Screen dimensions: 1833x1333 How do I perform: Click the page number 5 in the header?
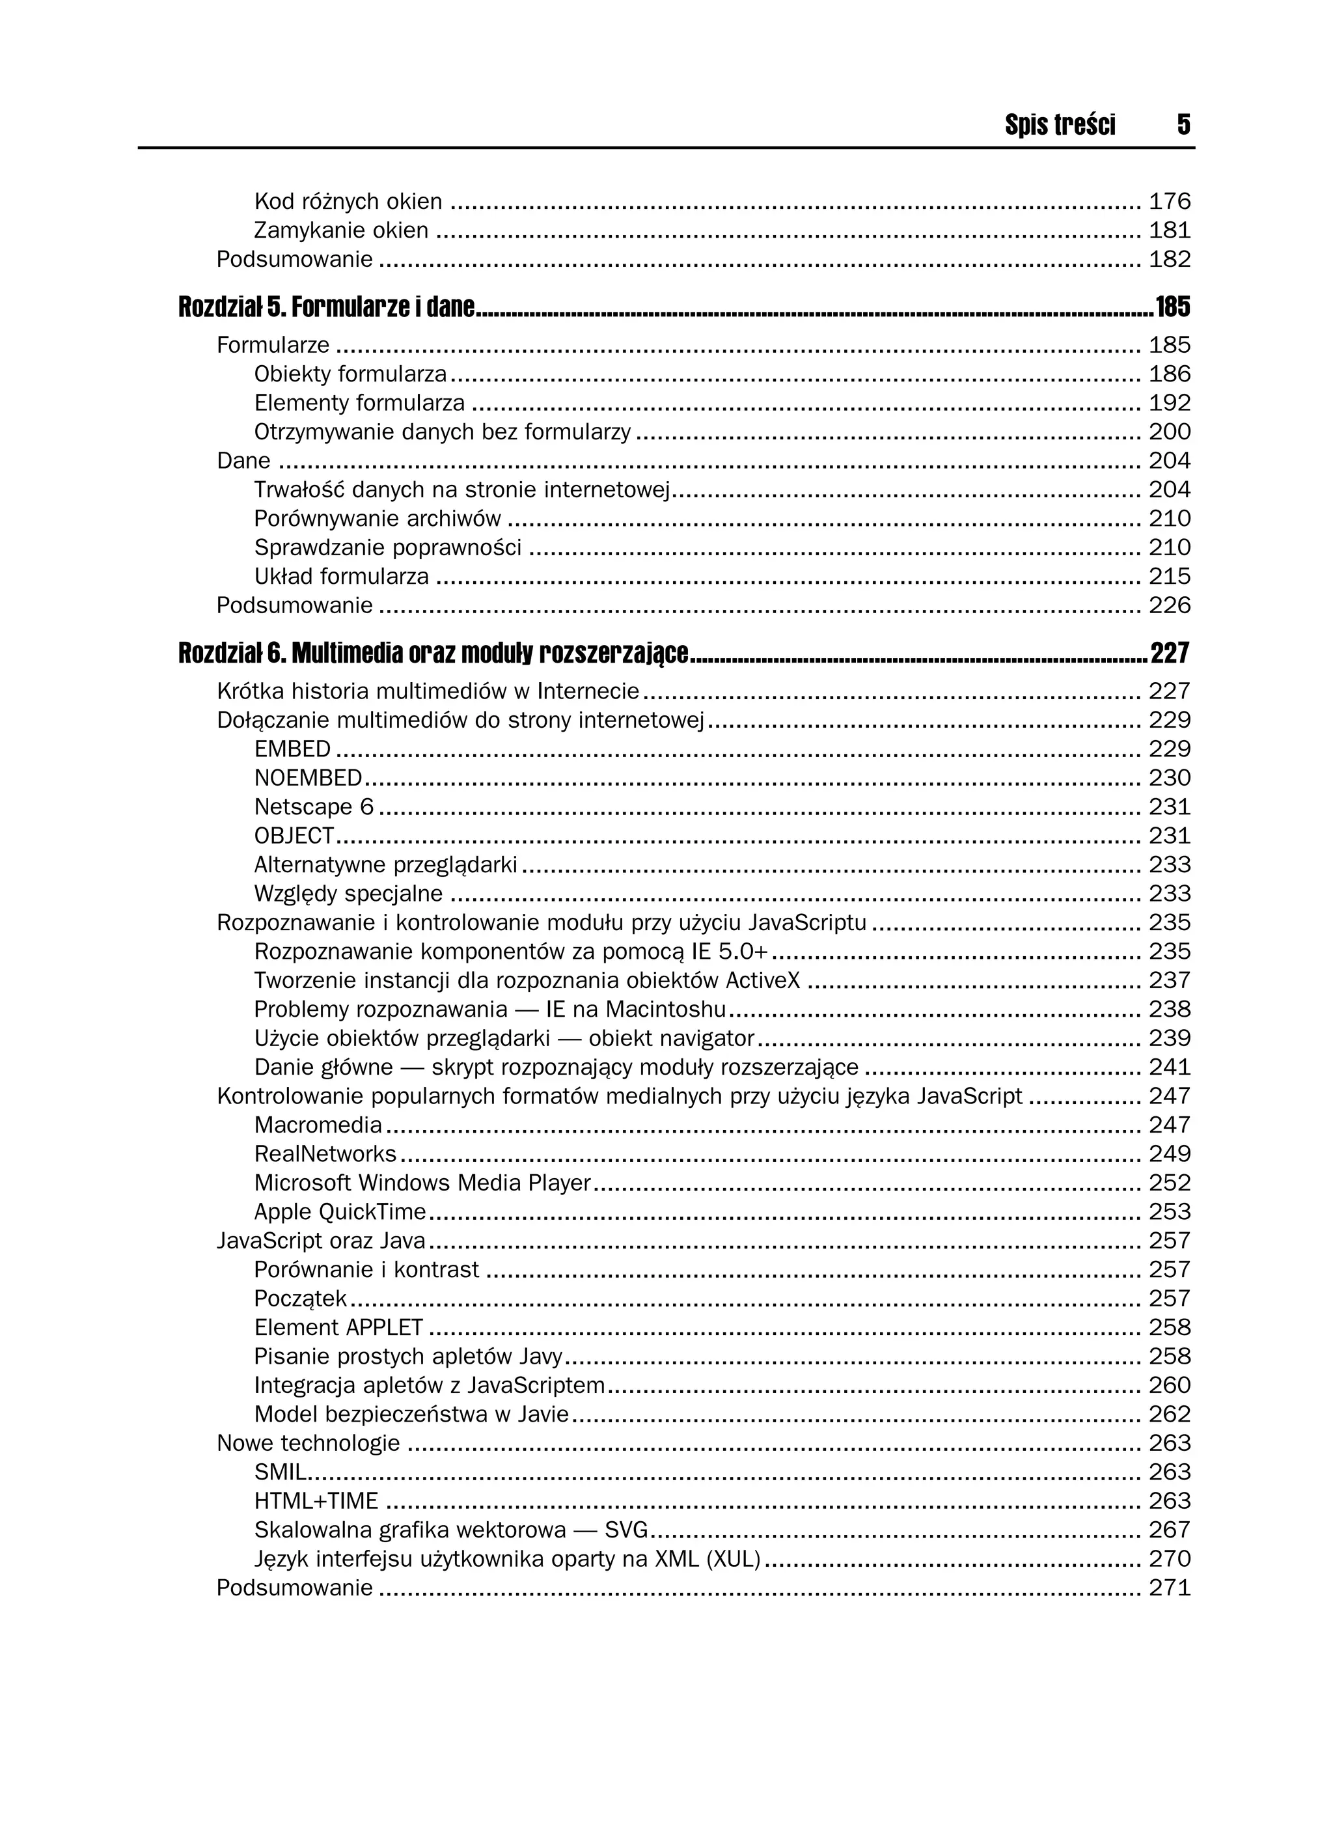tap(1183, 124)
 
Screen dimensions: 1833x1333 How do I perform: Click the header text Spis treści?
tap(1060, 124)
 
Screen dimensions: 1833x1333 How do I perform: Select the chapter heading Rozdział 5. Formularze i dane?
tap(327, 307)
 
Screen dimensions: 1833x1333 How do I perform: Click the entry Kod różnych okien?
tap(348, 201)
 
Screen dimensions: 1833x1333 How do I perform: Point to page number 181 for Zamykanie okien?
tap(1170, 230)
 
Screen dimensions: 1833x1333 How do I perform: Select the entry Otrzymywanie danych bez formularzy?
tap(442, 432)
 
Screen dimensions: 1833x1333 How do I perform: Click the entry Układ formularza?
tap(341, 576)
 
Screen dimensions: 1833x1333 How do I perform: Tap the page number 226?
tap(1170, 605)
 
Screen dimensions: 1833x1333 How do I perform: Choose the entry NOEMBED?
tap(308, 777)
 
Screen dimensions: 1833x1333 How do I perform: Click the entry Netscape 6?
tap(314, 806)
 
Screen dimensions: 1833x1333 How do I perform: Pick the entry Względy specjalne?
tap(348, 893)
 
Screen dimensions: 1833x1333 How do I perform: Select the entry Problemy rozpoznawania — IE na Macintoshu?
tap(490, 1010)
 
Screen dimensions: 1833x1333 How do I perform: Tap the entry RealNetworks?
tap(325, 1153)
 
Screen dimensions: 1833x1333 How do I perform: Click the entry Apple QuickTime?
tap(340, 1211)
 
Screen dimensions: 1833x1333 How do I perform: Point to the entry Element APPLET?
tap(338, 1327)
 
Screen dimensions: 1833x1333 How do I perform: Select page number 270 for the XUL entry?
tap(1170, 1558)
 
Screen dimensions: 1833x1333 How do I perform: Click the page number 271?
tap(1170, 1588)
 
